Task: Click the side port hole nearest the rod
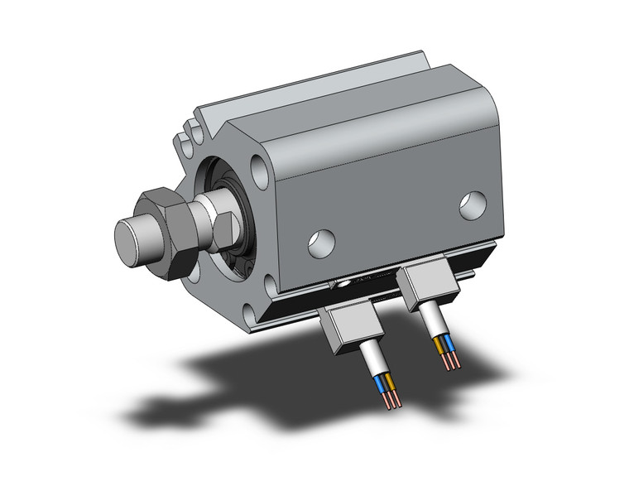(x=320, y=242)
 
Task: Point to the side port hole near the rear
(x=473, y=205)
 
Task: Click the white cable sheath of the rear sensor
(x=432, y=321)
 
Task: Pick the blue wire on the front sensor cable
(x=382, y=386)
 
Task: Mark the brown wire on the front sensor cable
(x=390, y=382)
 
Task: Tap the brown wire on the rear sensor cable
(x=438, y=346)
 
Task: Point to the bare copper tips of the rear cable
(x=450, y=362)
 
